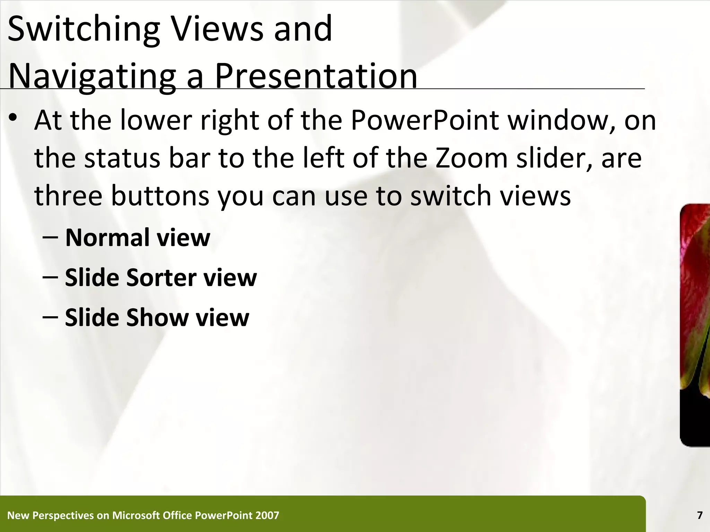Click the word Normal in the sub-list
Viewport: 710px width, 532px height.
(107, 238)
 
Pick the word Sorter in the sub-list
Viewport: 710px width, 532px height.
(162, 277)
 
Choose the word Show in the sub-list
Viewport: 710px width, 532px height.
(157, 317)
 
